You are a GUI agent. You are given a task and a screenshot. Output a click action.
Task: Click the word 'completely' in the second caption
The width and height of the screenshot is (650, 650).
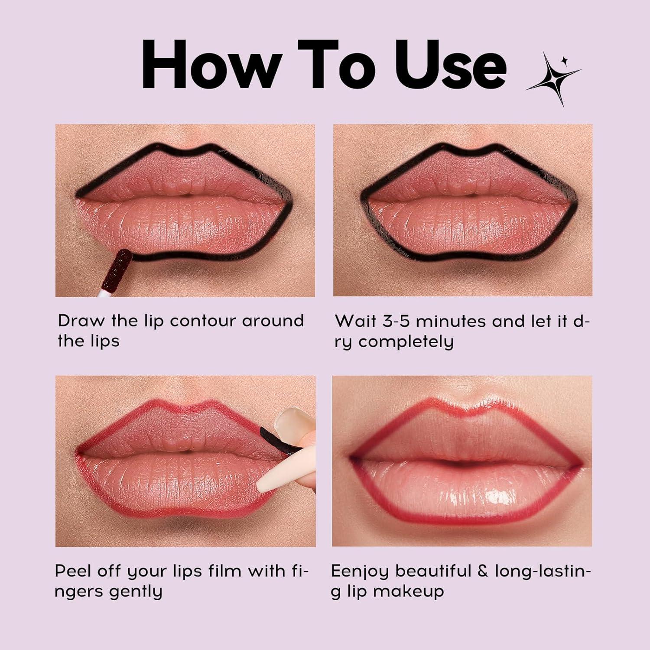point(406,342)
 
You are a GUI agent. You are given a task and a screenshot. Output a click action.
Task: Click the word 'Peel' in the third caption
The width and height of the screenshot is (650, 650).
point(73,571)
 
